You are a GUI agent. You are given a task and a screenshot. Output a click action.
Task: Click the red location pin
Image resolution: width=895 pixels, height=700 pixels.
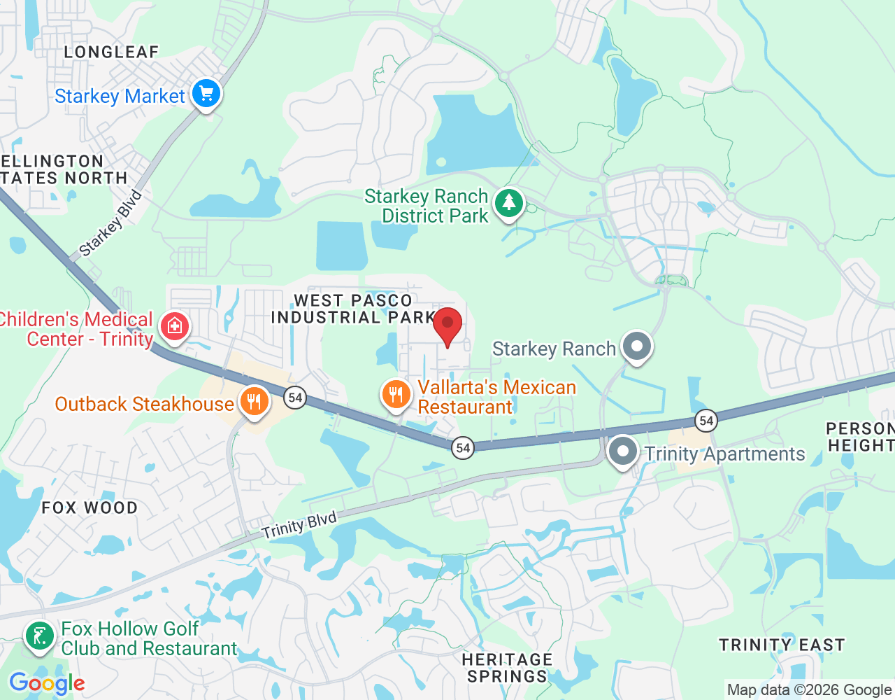click(x=447, y=325)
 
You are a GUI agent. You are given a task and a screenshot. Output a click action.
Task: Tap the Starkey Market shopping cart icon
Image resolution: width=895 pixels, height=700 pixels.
click(x=206, y=93)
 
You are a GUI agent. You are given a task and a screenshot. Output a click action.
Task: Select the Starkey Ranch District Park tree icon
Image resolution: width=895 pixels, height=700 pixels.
click(x=509, y=203)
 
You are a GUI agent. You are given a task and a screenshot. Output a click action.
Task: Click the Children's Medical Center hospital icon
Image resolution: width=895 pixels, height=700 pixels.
click(x=174, y=325)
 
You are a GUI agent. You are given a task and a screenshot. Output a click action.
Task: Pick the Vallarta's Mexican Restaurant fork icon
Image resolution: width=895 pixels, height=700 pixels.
click(x=396, y=393)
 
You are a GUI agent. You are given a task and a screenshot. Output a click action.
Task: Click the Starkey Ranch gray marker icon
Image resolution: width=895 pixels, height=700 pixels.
click(x=636, y=346)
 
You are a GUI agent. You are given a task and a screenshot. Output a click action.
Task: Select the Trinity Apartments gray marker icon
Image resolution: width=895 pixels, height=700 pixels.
click(x=622, y=451)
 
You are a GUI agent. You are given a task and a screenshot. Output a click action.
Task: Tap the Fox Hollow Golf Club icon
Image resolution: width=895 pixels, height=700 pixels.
click(x=39, y=636)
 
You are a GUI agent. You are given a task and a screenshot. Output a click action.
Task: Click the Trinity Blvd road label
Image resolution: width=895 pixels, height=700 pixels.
click(x=299, y=525)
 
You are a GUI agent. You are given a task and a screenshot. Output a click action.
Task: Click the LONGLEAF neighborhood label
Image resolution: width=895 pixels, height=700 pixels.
click(x=112, y=52)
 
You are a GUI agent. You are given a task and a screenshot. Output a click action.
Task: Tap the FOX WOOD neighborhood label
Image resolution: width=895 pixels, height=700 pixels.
click(x=89, y=507)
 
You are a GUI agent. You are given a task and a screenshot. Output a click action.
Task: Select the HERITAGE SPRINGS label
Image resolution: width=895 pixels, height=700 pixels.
click(x=507, y=668)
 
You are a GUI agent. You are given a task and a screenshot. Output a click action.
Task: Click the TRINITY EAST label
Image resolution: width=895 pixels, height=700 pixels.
click(x=782, y=645)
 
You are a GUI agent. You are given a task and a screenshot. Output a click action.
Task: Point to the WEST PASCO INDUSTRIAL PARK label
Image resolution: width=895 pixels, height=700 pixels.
click(x=353, y=309)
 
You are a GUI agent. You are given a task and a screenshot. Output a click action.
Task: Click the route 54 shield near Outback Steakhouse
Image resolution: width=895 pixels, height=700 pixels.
click(x=295, y=398)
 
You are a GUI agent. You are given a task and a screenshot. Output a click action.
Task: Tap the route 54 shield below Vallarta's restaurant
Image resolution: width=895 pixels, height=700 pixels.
click(x=463, y=447)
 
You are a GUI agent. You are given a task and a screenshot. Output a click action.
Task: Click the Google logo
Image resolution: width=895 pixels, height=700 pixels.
click(x=47, y=683)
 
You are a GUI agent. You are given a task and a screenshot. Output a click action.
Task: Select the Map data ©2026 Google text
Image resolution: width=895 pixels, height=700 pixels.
click(x=809, y=689)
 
